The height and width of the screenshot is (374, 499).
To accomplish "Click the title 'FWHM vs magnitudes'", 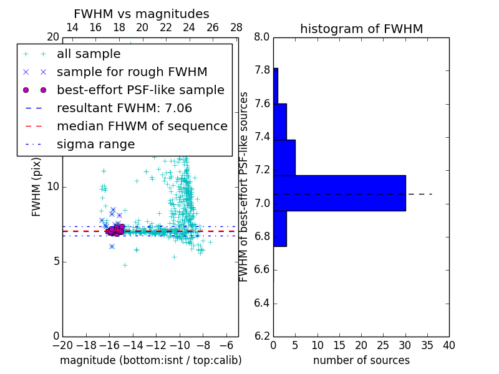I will tap(142, 14).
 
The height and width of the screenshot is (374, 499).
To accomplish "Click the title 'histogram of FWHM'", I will tap(361, 29).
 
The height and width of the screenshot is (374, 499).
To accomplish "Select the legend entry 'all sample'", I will tap(89, 54).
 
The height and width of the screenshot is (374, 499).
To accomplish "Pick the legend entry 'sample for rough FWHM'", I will tap(132, 72).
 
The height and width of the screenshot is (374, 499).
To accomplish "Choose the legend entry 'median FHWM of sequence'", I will tap(142, 126).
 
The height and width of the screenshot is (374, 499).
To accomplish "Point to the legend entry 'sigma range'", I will tap(95, 144).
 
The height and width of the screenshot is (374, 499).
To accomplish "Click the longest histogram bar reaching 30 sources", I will tap(339, 193).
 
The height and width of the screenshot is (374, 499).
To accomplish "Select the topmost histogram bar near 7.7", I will tap(276, 85).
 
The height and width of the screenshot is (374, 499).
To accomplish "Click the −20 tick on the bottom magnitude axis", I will tap(62, 345).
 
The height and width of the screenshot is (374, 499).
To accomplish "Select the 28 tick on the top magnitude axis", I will tap(236, 27).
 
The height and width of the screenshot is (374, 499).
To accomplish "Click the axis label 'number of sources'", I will tap(361, 360).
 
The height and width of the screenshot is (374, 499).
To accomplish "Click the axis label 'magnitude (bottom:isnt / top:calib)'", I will tap(150, 360).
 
